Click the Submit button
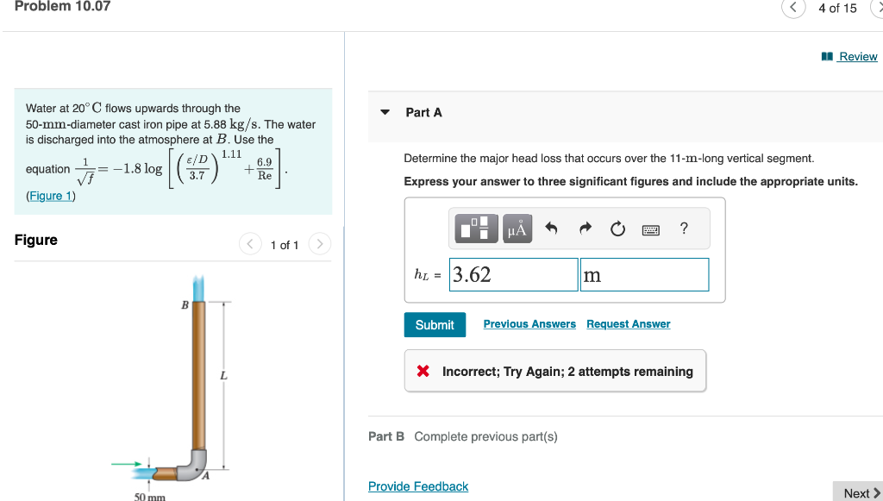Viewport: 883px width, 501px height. tap(435, 325)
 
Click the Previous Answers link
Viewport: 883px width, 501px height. tap(529, 324)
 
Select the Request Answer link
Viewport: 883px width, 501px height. tap(628, 324)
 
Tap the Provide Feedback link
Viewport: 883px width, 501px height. tap(418, 486)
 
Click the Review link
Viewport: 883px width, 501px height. tap(857, 57)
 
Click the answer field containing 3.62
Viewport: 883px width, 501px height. tap(514, 275)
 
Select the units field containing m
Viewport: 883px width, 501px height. tap(644, 275)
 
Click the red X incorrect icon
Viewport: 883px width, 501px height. tap(423, 372)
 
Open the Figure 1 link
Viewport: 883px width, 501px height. tap(51, 196)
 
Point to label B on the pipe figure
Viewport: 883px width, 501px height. tap(184, 304)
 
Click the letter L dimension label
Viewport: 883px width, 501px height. tap(223, 375)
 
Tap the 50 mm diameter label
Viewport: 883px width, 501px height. tap(149, 497)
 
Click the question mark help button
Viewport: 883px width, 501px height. tap(684, 229)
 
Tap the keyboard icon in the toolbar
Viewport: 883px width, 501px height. tap(650, 229)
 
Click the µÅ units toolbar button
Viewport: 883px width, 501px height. tap(517, 229)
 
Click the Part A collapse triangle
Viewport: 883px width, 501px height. tap(385, 112)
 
